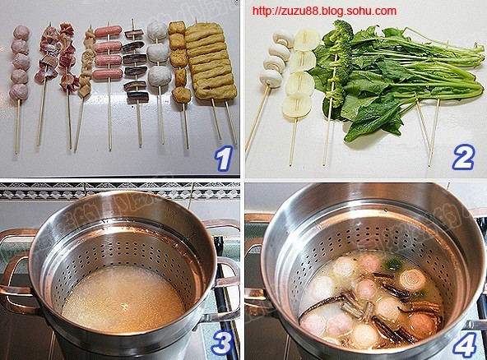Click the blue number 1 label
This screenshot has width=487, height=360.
point(225,159)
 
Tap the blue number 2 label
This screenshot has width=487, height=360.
point(463,157)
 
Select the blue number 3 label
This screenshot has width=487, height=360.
point(222,343)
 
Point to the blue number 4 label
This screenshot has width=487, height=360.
point(464,344)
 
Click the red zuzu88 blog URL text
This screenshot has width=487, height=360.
point(324,12)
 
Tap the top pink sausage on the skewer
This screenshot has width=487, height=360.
point(108,31)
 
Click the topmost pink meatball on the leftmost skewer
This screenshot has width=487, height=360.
point(21,32)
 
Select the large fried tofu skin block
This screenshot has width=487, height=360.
point(210,61)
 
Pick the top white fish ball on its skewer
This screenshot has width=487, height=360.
point(157,31)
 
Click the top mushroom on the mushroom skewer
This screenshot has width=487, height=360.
point(283,39)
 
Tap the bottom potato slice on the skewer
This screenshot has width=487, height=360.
point(295,106)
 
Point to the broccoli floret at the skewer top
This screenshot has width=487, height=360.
point(342,30)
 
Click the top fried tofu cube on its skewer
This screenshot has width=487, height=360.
point(177,28)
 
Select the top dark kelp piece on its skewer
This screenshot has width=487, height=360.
point(134,34)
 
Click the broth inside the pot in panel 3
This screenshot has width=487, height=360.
point(123,298)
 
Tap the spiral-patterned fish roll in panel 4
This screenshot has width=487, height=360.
point(412,279)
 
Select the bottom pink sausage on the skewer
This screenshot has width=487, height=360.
point(108,73)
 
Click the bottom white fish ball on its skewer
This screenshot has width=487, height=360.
point(159,76)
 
